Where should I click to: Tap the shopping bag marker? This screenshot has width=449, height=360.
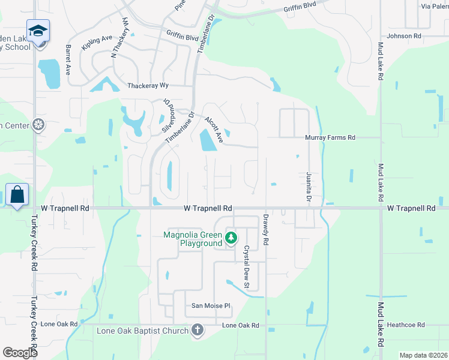pos(17,194)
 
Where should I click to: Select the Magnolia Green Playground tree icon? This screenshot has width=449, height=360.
pos(231,239)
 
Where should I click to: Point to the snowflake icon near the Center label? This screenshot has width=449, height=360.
pos(39,125)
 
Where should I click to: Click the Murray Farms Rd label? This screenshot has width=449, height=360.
pos(330,137)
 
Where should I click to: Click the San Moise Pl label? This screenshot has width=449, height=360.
pos(211,305)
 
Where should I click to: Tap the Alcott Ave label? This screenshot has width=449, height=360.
pos(214,129)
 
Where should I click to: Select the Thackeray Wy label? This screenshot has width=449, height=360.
pos(147,86)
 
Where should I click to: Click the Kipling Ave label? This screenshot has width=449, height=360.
pos(97,46)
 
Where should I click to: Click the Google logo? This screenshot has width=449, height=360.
pos(20,353)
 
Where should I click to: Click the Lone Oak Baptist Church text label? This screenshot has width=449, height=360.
pos(143,330)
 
